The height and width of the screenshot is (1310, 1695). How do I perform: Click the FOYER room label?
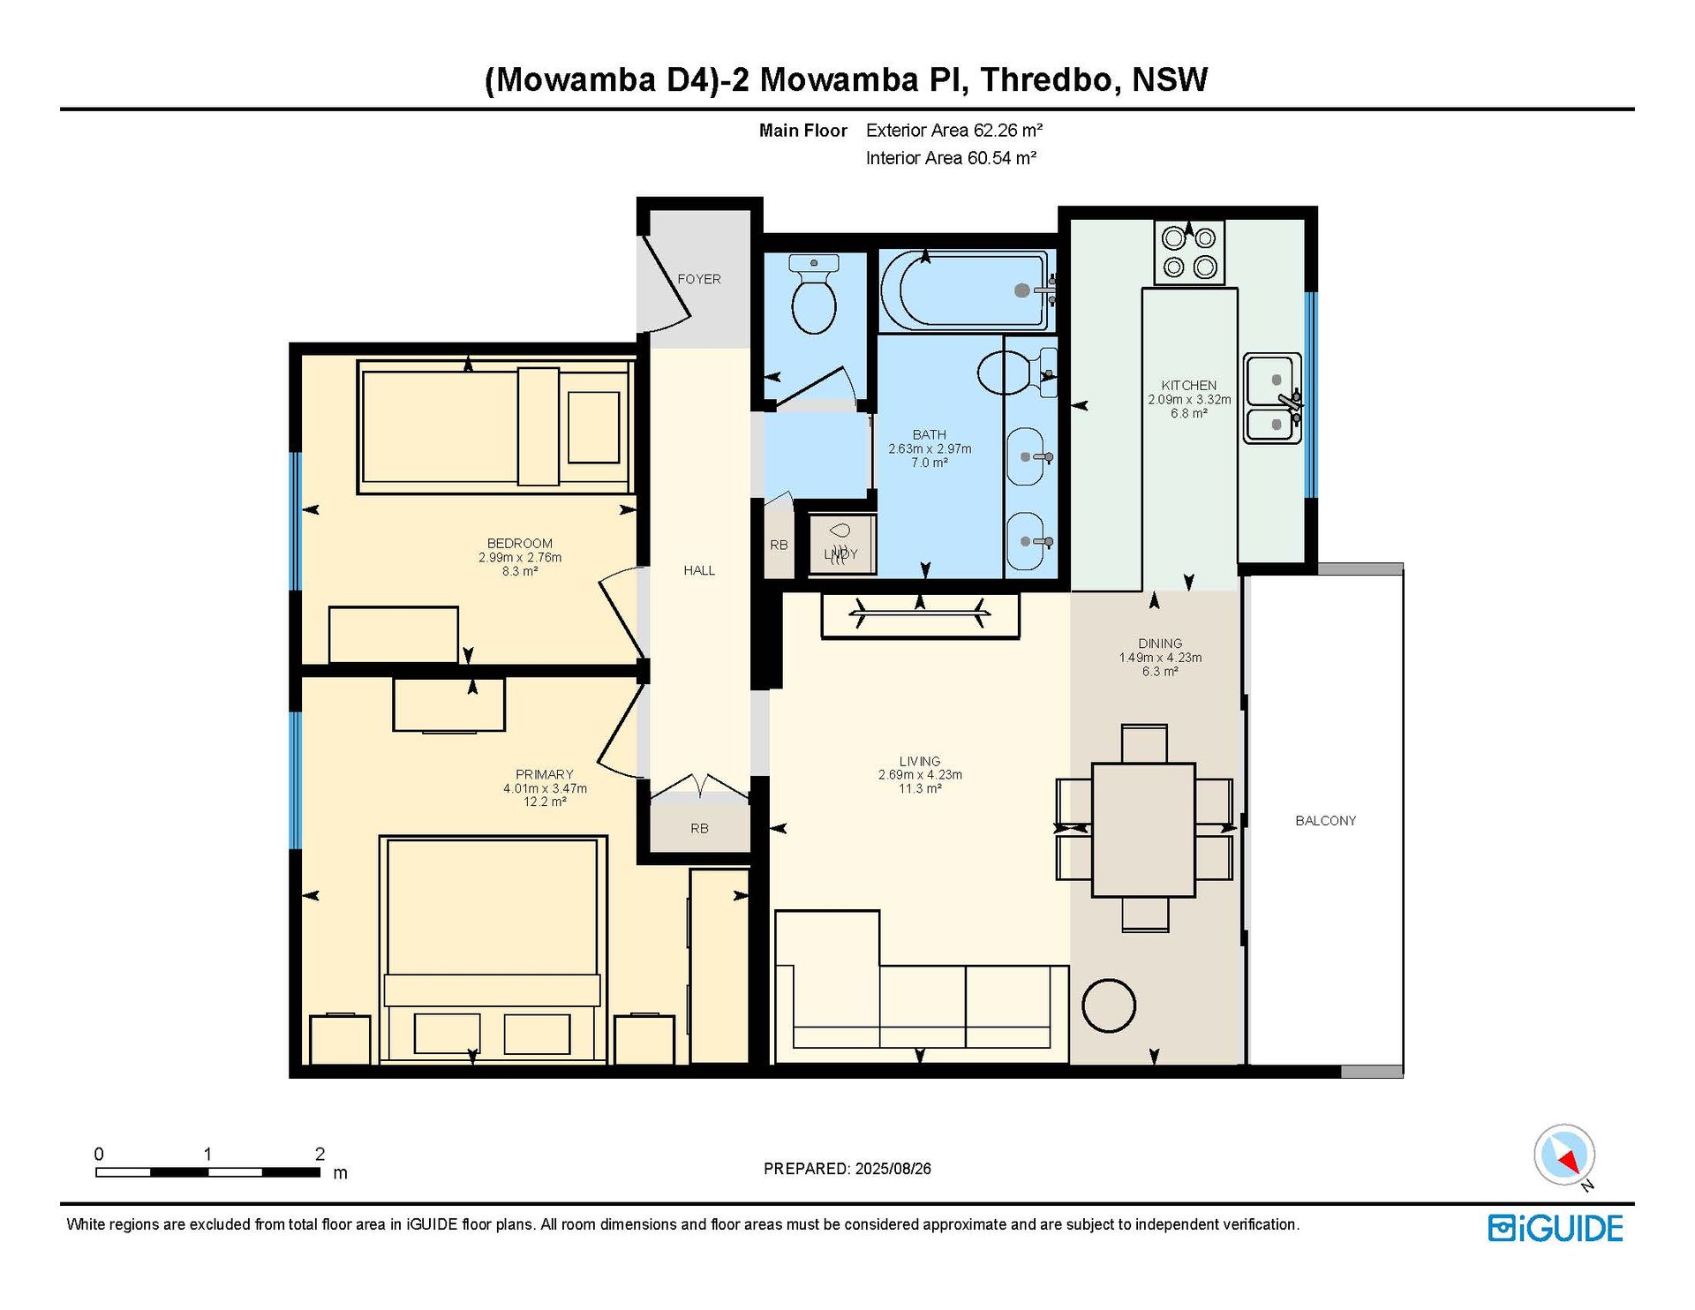(699, 279)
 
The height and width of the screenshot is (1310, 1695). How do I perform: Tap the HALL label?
(699, 570)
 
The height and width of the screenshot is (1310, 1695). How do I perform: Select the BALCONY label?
(1325, 820)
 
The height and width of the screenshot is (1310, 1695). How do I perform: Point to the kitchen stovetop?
(1189, 252)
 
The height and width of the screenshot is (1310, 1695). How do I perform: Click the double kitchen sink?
(1273, 398)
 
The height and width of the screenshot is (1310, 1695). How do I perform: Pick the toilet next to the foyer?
(814, 295)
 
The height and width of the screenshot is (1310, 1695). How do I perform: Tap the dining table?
(1144, 830)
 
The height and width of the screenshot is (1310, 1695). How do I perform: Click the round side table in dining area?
(1109, 1005)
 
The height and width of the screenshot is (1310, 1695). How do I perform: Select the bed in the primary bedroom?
(493, 949)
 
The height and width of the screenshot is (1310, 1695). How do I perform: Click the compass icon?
(1564, 1155)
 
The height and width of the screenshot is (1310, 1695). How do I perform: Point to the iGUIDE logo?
(1556, 1228)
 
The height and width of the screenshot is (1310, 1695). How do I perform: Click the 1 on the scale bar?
(207, 1154)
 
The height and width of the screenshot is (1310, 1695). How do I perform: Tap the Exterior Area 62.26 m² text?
(954, 131)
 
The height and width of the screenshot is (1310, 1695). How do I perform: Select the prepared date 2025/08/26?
(893, 1168)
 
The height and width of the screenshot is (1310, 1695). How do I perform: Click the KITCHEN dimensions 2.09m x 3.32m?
(1189, 399)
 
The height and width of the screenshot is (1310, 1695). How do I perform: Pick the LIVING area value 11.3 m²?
(919, 788)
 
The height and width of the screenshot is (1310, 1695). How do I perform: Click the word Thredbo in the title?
(1047, 79)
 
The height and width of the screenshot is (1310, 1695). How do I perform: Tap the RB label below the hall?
(699, 828)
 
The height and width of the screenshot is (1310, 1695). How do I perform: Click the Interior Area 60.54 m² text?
(951, 158)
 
